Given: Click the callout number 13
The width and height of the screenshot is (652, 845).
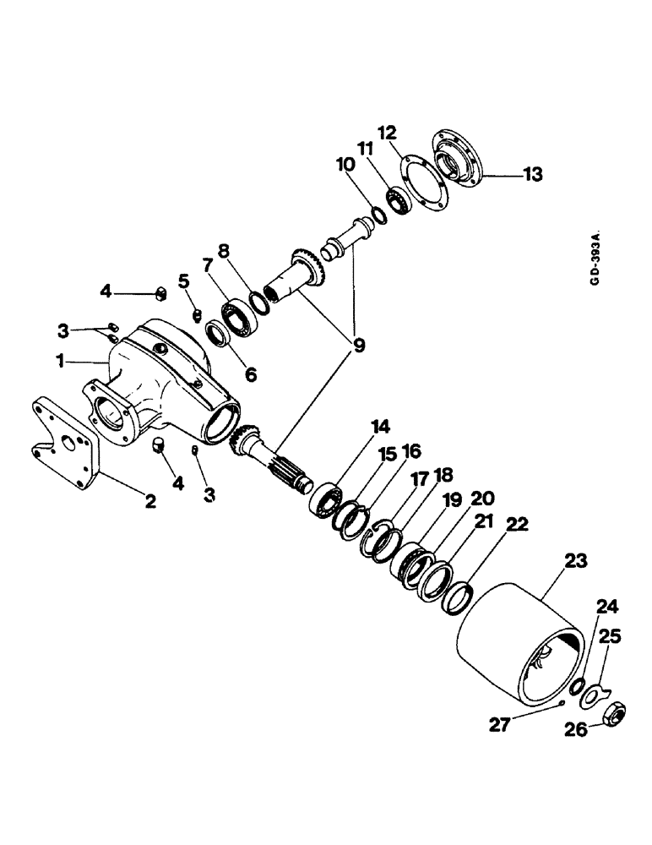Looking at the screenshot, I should (x=532, y=175).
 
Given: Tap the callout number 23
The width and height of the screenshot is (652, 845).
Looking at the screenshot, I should (x=553, y=560).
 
